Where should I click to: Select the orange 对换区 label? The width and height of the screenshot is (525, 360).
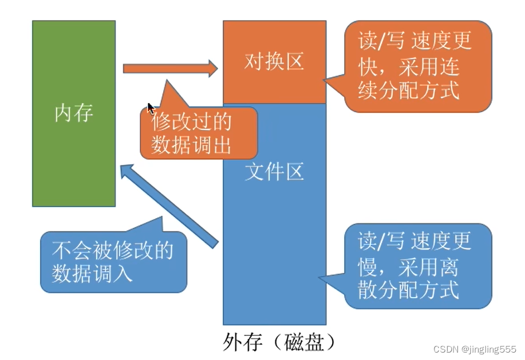(274, 62)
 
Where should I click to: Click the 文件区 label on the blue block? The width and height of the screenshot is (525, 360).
(274, 172)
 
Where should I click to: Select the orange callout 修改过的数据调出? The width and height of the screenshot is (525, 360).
(198, 133)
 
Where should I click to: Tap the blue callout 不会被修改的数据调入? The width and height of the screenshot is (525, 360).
(112, 262)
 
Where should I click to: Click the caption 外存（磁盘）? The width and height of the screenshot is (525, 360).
(277, 342)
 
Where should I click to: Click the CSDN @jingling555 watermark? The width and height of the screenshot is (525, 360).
(475, 349)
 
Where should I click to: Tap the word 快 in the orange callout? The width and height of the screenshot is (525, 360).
(366, 67)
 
